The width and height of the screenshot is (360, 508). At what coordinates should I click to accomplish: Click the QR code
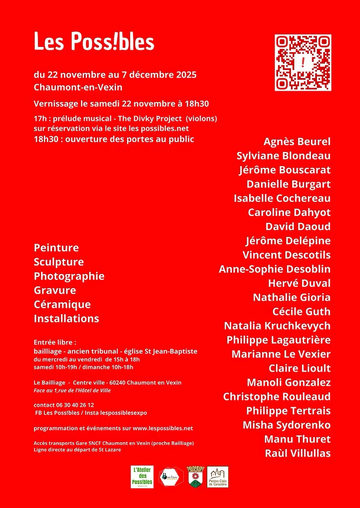click(303, 63)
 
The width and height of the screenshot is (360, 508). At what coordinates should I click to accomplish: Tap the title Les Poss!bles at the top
click(94, 42)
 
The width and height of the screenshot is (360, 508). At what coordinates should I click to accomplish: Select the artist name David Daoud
click(298, 226)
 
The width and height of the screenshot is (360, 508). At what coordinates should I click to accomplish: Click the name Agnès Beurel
click(297, 142)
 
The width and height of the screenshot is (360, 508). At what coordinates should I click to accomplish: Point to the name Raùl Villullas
click(298, 453)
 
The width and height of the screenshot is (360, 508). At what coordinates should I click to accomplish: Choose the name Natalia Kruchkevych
click(277, 326)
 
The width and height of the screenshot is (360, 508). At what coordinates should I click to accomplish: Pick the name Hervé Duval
click(299, 283)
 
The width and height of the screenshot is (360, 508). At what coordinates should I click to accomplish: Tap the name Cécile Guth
click(301, 312)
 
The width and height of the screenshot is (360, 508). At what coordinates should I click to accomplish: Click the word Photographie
click(69, 276)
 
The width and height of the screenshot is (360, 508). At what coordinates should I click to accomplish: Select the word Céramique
click(62, 304)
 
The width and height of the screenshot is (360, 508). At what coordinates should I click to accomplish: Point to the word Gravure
click(55, 290)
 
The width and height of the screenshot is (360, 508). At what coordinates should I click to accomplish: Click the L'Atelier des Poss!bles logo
click(142, 477)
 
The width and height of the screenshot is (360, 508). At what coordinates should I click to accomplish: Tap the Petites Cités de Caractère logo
click(218, 477)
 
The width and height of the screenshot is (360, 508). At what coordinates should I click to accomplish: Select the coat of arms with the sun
click(196, 477)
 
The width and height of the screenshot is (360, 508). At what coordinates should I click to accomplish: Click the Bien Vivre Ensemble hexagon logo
click(171, 477)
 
